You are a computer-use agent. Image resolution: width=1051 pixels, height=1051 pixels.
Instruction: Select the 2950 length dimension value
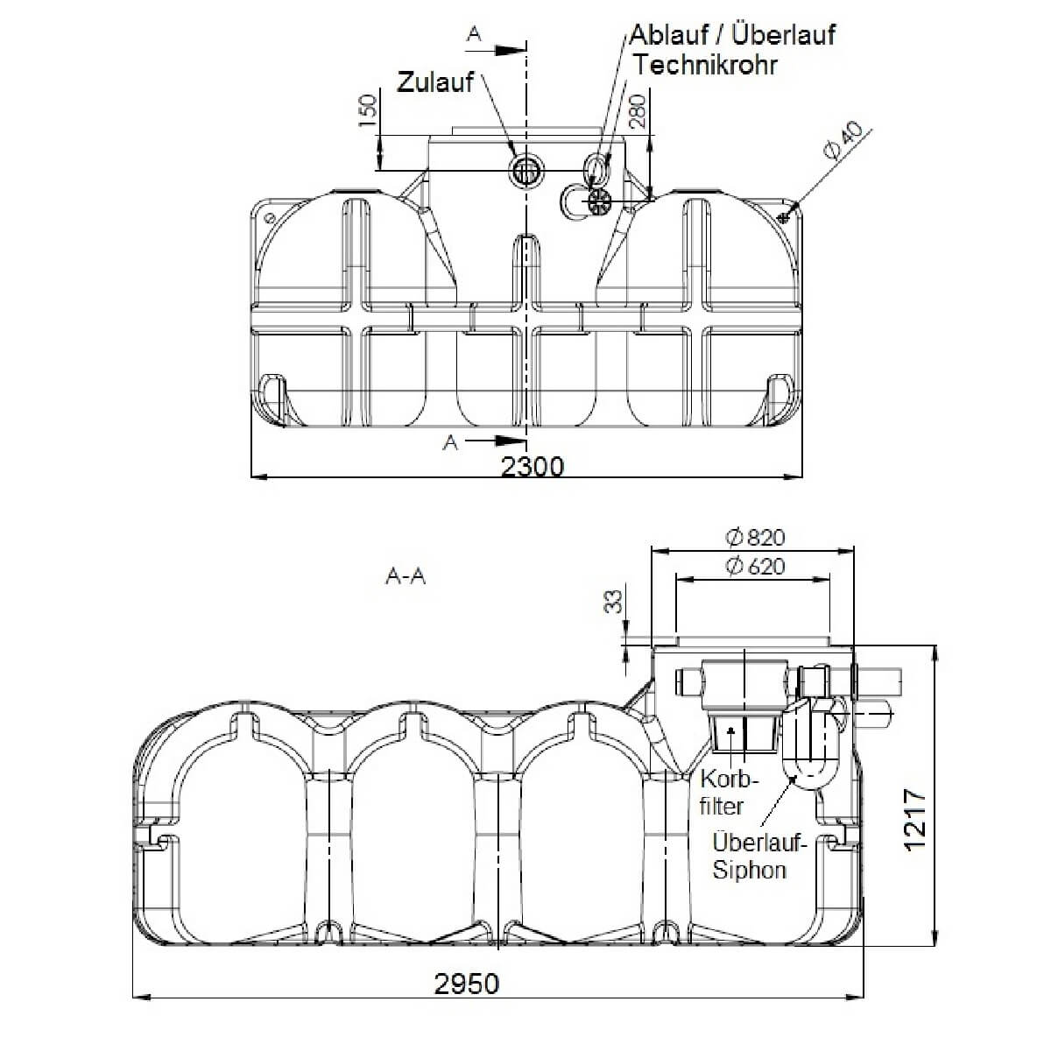tap(467, 984)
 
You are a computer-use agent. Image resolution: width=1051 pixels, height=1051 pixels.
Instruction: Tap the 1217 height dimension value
tap(913, 821)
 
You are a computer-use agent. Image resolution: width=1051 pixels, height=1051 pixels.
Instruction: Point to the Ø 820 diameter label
tap(755, 537)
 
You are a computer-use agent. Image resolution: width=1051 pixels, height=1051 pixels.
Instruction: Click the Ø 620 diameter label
tap(755, 567)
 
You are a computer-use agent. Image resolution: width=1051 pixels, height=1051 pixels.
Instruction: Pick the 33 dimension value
tap(615, 602)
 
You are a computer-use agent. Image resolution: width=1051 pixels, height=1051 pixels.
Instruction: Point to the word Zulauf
tap(435, 82)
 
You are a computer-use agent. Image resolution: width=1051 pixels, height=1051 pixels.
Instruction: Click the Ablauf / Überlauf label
tap(732, 35)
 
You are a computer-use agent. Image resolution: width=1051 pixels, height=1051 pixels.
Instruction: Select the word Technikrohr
tap(705, 65)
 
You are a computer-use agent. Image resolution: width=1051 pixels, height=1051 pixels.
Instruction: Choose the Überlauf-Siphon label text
tap(758, 857)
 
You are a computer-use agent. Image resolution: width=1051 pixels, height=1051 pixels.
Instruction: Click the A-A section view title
tap(405, 577)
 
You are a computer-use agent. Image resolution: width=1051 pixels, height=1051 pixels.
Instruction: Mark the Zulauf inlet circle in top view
tap(527, 170)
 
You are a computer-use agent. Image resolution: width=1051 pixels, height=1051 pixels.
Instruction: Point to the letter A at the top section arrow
tap(474, 34)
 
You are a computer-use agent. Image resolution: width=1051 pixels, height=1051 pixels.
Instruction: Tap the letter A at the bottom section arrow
tap(450, 443)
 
